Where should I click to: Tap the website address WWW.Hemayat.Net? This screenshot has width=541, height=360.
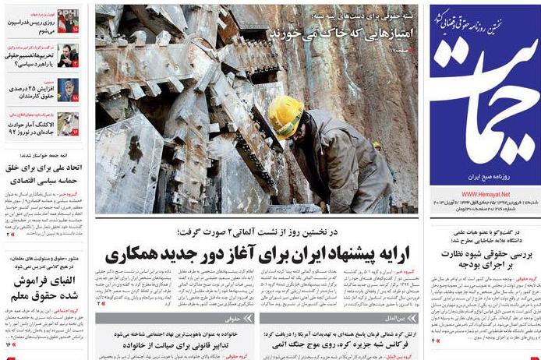(485, 194)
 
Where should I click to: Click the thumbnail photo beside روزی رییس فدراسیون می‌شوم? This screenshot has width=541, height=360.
(68, 21)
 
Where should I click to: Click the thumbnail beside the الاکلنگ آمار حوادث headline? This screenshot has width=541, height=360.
(68, 123)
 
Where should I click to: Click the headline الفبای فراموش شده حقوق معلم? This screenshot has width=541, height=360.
(44, 290)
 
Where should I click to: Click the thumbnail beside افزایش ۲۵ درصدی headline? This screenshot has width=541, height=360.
(68, 89)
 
